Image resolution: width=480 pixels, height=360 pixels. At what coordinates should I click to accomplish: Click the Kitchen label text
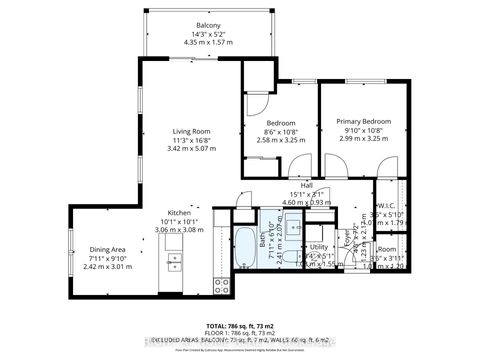click(179, 213)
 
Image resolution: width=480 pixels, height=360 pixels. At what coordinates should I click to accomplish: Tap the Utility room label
click(319, 245)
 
